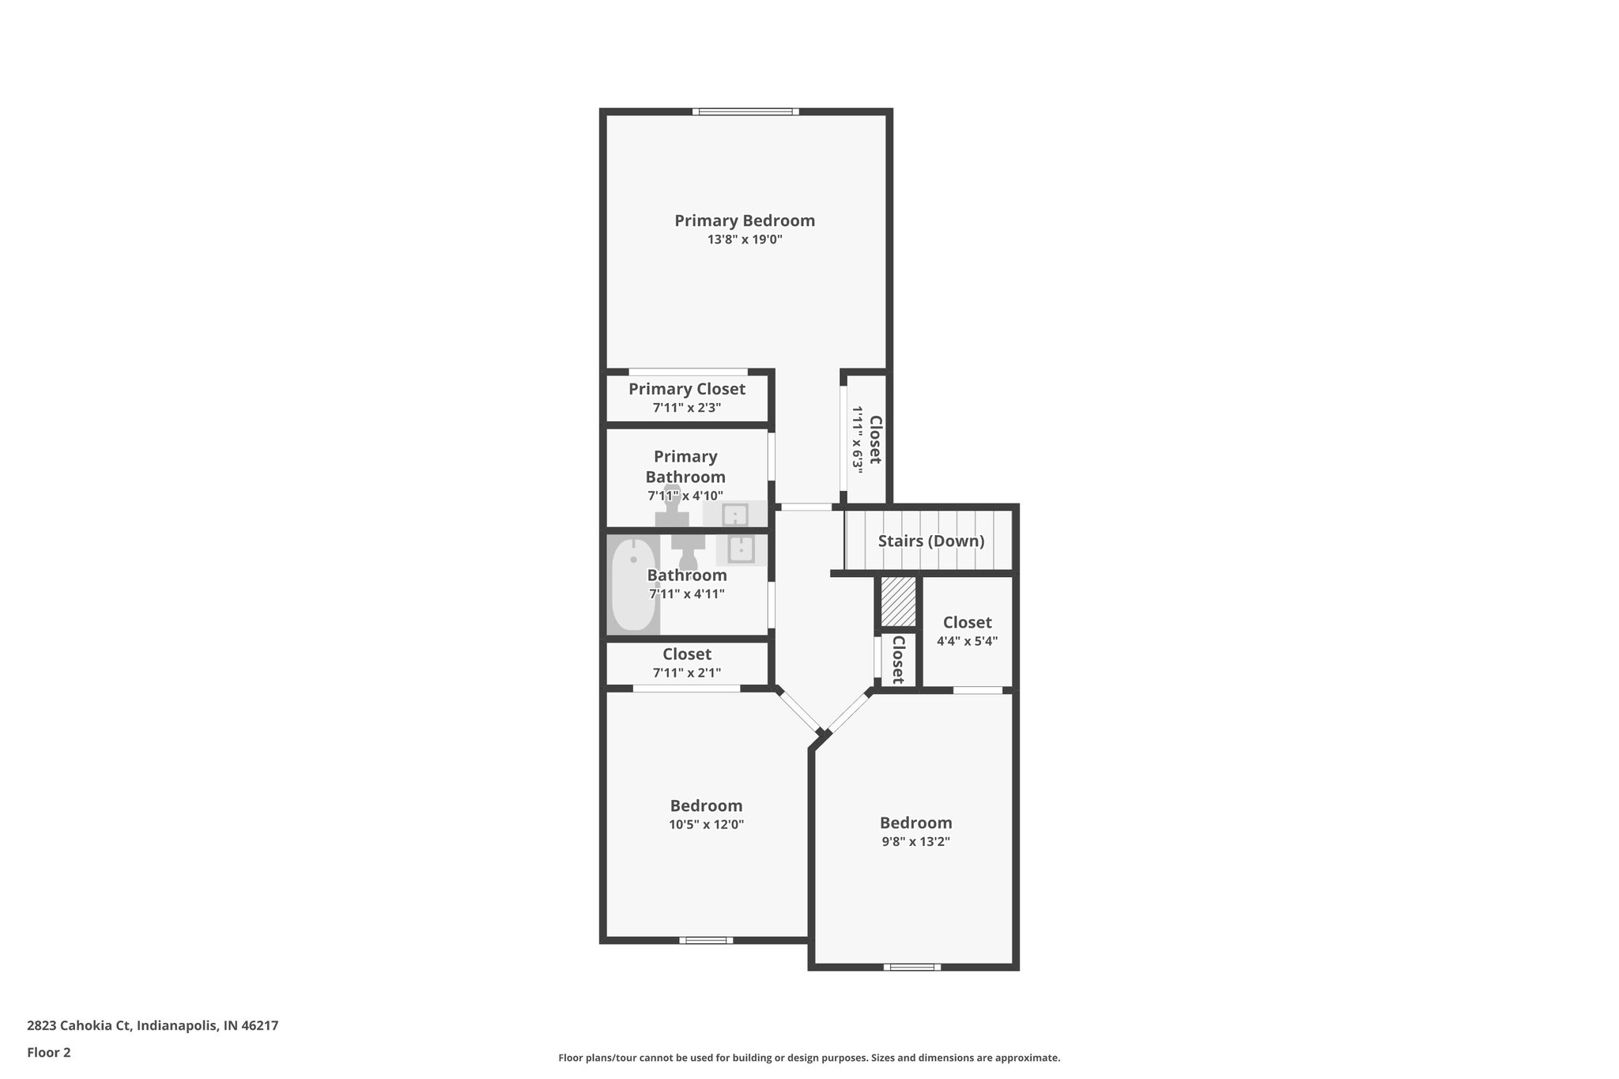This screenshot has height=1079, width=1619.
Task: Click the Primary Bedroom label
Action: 744,221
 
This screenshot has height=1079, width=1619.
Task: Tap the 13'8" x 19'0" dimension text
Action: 744,240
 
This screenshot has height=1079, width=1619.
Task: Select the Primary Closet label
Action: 686,389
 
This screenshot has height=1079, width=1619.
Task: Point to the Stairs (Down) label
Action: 930,541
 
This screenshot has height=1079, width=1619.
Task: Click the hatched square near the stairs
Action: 898,602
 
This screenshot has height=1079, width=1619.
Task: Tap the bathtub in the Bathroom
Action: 633,585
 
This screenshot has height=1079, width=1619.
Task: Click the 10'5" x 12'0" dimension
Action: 706,824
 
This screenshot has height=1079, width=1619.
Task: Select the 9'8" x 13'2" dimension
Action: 915,842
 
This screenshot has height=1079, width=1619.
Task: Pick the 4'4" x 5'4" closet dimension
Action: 967,641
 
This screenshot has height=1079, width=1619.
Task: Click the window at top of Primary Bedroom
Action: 745,111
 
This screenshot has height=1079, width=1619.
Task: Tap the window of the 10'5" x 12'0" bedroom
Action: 706,940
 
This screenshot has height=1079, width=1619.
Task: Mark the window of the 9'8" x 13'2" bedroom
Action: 911,966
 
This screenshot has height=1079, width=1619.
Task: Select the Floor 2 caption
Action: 49,1052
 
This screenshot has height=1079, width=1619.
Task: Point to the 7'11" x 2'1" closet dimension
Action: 686,673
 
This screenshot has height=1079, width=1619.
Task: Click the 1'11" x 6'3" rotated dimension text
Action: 856,440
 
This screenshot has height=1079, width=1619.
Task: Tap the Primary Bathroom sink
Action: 735,515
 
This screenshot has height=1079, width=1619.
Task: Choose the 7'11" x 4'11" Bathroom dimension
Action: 686,594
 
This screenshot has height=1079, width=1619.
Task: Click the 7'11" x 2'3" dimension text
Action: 686,408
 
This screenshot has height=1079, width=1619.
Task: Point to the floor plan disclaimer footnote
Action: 809,1058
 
